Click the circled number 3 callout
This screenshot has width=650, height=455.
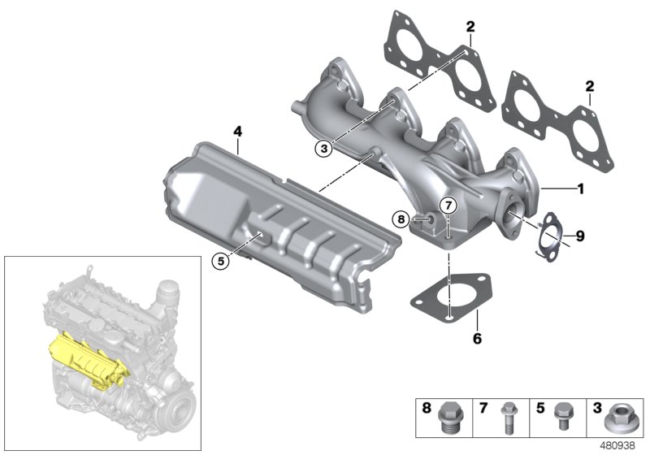[x=323, y=148]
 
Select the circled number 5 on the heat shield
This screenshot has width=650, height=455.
[x=218, y=260]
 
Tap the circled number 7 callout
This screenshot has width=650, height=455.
[x=449, y=203]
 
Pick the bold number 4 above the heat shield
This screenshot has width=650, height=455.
[x=237, y=131]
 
